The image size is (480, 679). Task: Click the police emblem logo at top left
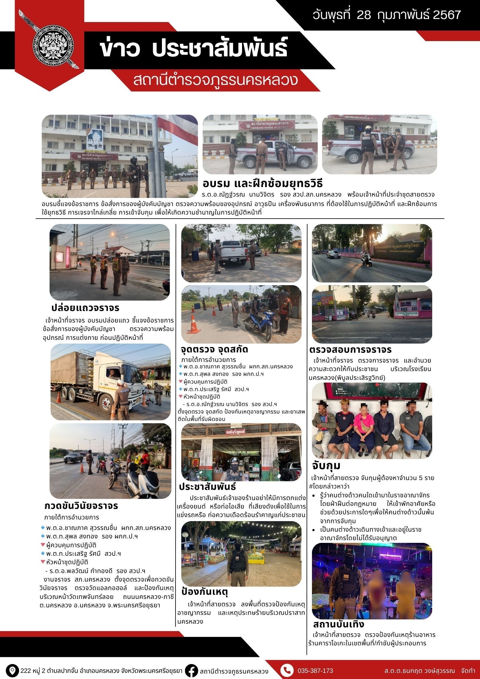[x=53, y=49]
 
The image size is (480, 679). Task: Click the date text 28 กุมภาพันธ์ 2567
[x=387, y=15]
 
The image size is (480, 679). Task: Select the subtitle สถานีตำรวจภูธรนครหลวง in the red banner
[x=216, y=80]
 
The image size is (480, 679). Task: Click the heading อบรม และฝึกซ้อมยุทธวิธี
[x=262, y=184]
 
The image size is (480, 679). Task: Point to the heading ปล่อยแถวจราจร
[x=86, y=308]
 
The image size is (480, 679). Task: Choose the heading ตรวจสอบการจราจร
[x=350, y=349]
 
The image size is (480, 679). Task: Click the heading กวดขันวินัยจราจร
[x=81, y=506]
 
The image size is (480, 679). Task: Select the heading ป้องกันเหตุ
[x=204, y=592]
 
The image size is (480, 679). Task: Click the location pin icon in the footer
[x=13, y=671]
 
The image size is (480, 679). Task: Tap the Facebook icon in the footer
[x=192, y=671]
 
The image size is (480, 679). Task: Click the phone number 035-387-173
[x=315, y=671]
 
